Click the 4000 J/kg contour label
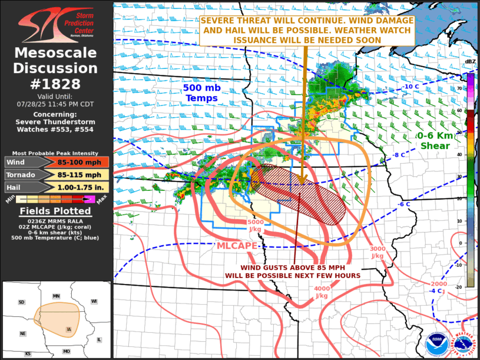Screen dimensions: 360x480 (x=322, y=292)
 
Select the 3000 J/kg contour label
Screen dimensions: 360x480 (x=378, y=252)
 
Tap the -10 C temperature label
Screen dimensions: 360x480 (x=410, y=87)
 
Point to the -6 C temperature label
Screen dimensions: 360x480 (x=404, y=204)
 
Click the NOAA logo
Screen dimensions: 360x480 (x=436, y=343)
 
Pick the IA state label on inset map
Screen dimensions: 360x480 (x=68, y=329)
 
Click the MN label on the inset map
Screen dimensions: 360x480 (x=56, y=296)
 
